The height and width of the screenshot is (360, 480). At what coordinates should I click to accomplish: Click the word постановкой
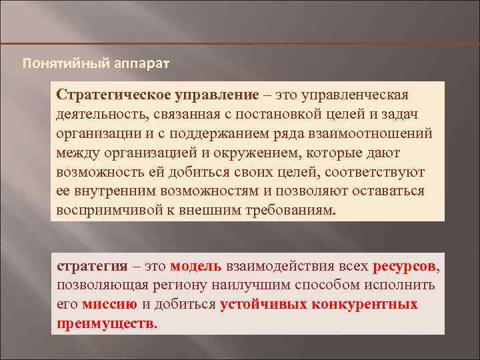[x=287, y=113]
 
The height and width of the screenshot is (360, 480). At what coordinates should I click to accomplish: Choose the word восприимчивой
[x=103, y=210]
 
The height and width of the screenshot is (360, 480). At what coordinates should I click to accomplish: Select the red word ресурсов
[x=404, y=266]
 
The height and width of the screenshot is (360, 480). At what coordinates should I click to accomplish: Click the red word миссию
[x=109, y=305]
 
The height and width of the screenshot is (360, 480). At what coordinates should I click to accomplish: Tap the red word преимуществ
[x=105, y=324]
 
